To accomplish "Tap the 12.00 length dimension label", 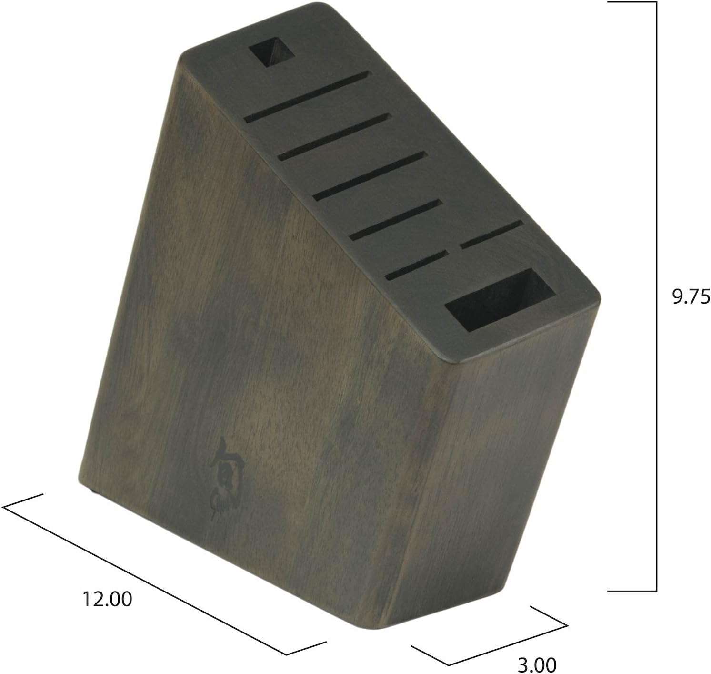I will pos(107,599).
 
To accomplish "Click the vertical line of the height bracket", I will pos(657,296).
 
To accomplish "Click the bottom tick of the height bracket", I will pos(632,591).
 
